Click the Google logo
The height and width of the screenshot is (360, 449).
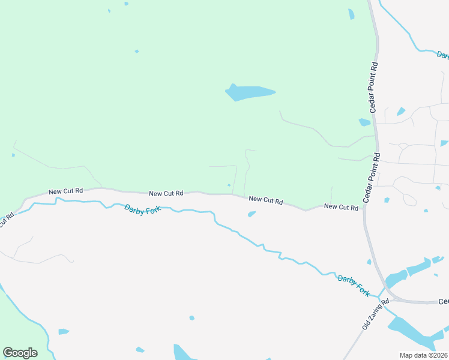point(20,353)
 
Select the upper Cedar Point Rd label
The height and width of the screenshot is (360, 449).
point(374,86)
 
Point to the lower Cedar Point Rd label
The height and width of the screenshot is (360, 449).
point(371,178)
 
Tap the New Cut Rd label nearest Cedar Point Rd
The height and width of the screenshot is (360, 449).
point(341,206)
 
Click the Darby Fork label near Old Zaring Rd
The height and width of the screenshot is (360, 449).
point(354,284)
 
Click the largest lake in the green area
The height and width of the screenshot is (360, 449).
point(249,92)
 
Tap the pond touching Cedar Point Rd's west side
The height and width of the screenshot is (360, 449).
point(364,122)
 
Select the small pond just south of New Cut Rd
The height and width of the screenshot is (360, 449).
point(252,214)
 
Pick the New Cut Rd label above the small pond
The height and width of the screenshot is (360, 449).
point(265,200)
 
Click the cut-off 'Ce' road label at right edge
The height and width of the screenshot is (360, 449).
point(444,301)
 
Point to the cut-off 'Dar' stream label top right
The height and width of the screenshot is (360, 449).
point(443,55)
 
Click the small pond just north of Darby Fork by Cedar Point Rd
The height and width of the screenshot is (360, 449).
point(369,262)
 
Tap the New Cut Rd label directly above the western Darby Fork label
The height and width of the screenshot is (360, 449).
point(166,193)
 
